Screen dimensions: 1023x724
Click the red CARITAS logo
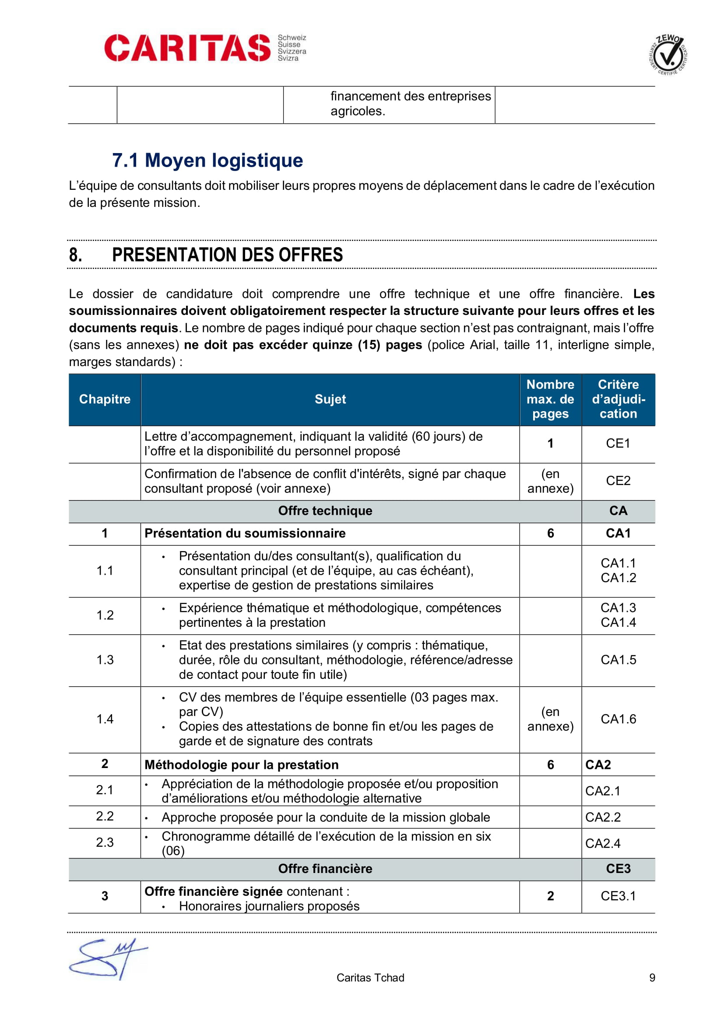(x=187, y=48)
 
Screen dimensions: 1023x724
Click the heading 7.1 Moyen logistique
(x=207, y=161)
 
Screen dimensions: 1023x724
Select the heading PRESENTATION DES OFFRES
(x=227, y=255)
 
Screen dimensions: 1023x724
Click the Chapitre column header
(x=105, y=399)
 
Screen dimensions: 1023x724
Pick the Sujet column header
(x=330, y=399)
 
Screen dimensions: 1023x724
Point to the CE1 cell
(x=618, y=443)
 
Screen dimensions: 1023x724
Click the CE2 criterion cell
(x=618, y=481)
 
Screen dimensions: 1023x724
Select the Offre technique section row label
(x=325, y=510)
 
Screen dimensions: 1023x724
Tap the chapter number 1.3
(x=105, y=660)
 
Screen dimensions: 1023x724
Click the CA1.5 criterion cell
(x=618, y=660)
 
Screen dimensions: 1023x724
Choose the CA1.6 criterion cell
(x=618, y=719)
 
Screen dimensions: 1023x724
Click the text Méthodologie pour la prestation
(x=241, y=765)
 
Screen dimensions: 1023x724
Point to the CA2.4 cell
(x=603, y=843)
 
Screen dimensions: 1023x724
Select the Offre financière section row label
(x=325, y=869)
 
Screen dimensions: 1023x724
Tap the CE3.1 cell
(x=618, y=896)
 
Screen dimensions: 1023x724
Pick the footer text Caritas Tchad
(x=370, y=978)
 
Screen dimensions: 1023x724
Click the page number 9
(x=652, y=978)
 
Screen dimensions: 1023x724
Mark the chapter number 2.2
(x=105, y=816)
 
